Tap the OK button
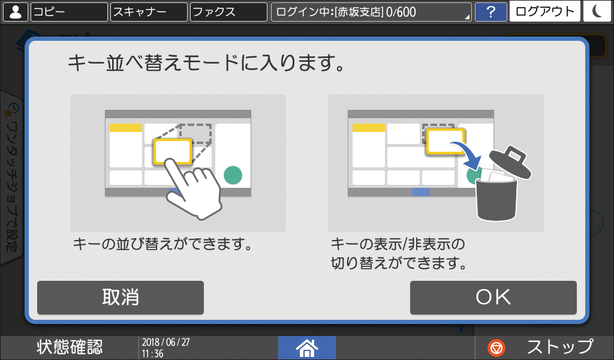point(493,297)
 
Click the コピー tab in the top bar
point(68,12)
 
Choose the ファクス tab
point(228,12)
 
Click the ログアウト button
point(544,12)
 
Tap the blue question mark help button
point(490,12)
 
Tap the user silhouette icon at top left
point(15,12)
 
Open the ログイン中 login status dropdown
point(371,12)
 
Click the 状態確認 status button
point(70,347)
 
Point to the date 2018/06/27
point(161,342)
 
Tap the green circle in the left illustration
point(233,175)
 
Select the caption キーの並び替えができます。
point(161,245)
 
